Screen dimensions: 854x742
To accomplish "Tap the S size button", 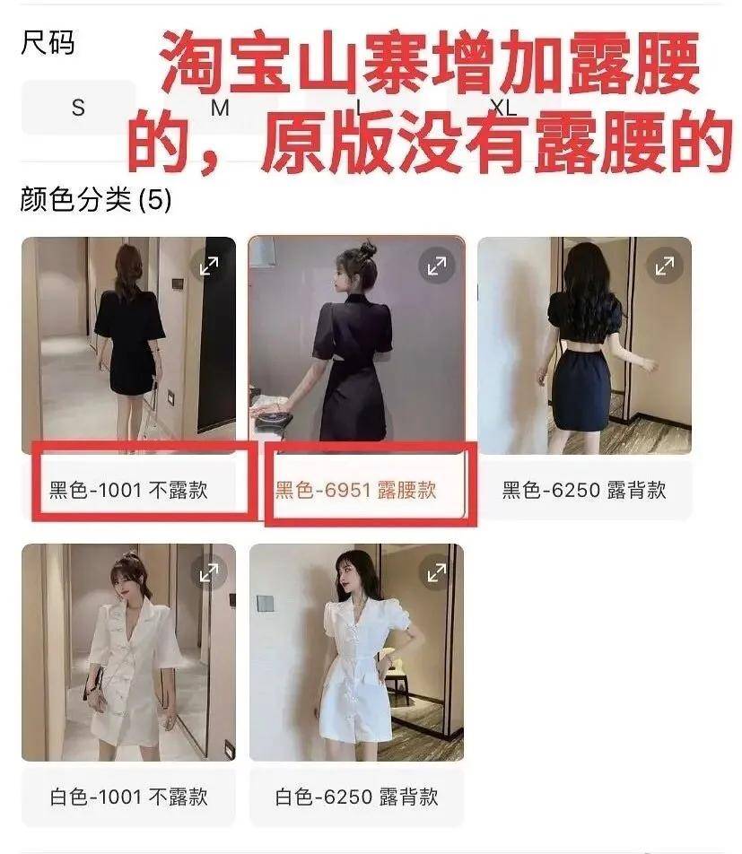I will [78, 108].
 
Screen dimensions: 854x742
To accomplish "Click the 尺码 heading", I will [48, 43].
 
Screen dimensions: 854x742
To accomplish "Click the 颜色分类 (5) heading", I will [95, 199].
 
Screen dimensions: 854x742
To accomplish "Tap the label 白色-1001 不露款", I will [128, 797].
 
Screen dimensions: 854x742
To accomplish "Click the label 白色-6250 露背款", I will [356, 797].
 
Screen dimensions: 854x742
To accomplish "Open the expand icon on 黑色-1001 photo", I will [209, 266].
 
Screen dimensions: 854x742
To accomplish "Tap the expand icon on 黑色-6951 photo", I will [437, 266].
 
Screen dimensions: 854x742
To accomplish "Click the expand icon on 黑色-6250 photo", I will [665, 266].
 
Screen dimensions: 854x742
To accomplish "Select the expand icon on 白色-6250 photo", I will [437, 572].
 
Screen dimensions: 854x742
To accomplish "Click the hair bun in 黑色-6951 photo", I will [367, 248].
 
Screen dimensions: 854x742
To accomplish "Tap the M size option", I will [220, 109].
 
